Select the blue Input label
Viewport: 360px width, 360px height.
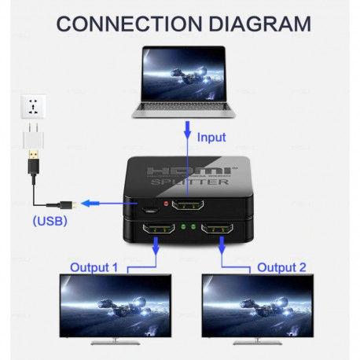[211, 138]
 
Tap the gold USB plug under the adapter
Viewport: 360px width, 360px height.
[34, 165]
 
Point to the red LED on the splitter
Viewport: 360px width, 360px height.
[164, 204]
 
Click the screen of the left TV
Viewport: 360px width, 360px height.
[116, 306]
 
